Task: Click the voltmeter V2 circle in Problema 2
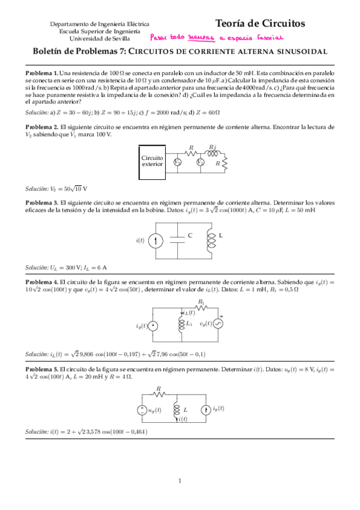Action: [x=177, y=162]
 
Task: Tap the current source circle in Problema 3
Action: [x=154, y=241]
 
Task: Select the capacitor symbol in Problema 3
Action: [x=178, y=241]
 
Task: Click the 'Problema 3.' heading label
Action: [x=41, y=203]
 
